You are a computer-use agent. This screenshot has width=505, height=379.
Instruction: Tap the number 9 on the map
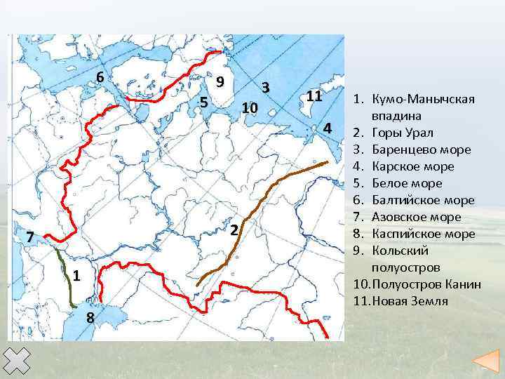coord(220,81)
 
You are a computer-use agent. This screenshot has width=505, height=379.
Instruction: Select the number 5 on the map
coord(203,102)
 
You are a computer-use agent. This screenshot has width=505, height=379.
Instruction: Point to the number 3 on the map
coord(265,87)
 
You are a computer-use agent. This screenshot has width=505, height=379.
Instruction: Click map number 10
coord(250,108)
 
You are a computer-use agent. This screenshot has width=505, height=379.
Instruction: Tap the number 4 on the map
coord(327,128)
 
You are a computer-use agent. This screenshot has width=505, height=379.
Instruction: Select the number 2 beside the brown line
coord(236,230)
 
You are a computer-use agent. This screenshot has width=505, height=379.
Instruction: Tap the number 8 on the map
coord(90,318)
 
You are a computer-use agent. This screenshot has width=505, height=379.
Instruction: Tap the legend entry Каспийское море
coord(424,234)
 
